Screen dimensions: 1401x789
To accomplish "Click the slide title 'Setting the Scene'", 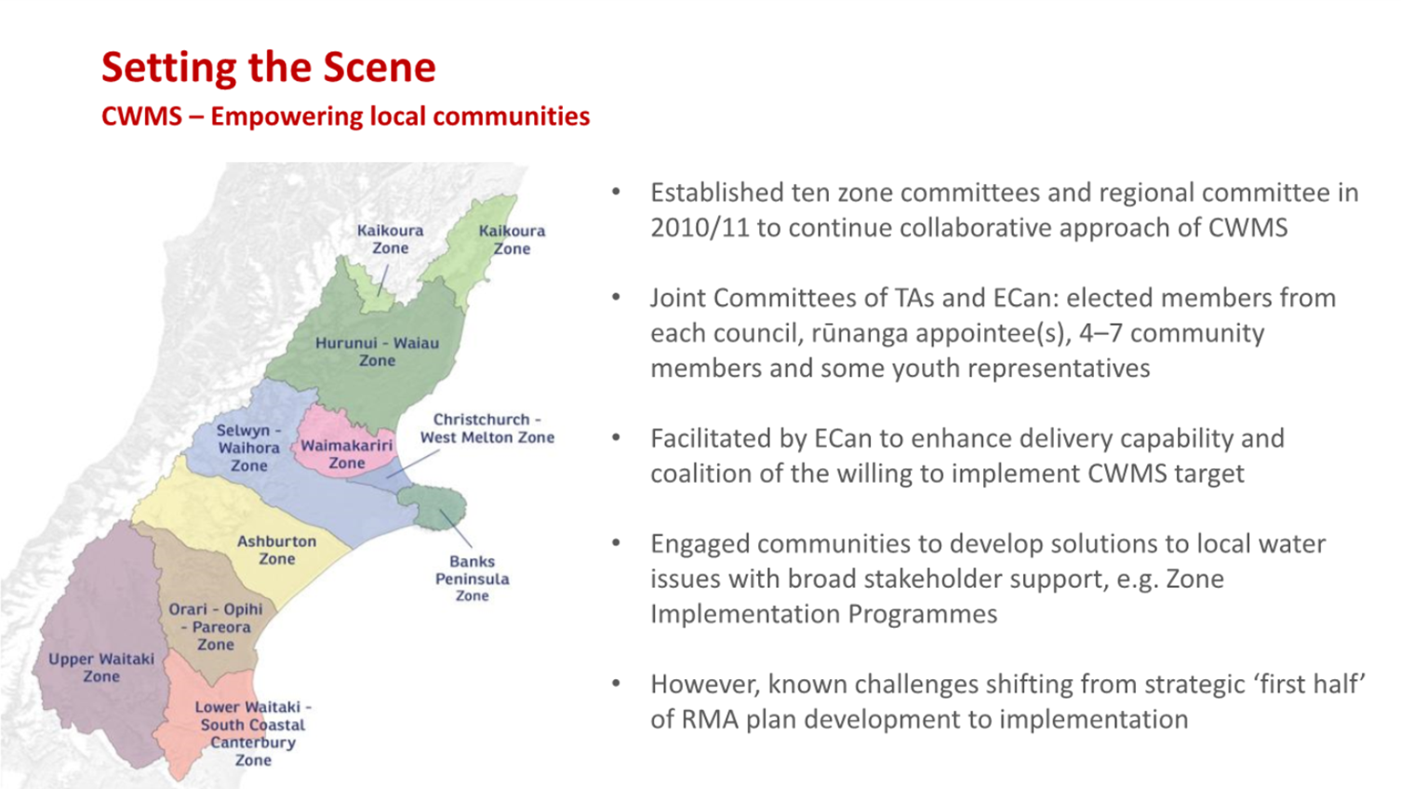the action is click(x=268, y=68).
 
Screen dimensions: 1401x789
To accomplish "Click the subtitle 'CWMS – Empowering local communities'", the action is click(x=346, y=116).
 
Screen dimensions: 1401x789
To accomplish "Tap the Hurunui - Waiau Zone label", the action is click(x=377, y=352).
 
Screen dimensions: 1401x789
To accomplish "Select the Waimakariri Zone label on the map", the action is click(x=346, y=454).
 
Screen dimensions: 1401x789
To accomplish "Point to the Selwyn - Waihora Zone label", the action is click(x=249, y=448).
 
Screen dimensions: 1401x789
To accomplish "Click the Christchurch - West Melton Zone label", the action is click(x=487, y=428).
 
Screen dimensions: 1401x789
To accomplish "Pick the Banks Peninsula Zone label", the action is click(x=473, y=578).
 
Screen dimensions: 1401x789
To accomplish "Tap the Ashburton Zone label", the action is click(x=276, y=550).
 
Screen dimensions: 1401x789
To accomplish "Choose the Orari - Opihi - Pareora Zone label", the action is click(x=216, y=626).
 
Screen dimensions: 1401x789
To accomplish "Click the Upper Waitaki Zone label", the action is click(x=101, y=667).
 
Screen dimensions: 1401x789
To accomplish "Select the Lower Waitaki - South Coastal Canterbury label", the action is click(x=253, y=733).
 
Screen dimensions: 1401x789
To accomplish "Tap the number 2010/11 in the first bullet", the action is click(x=700, y=228).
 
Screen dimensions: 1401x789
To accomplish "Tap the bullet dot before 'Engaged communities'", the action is click(x=616, y=543).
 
